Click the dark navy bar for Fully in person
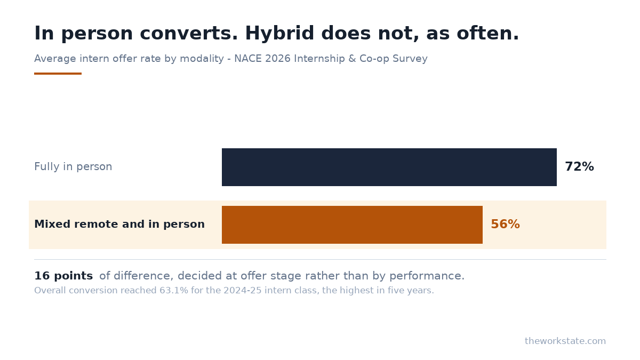pos(389,167)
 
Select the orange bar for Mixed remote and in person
pos(352,225)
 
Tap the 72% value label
pos(579,166)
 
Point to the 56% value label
pos(505,225)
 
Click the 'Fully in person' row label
pos(73,166)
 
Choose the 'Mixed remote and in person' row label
pos(119,225)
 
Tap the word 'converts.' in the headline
pos(189,34)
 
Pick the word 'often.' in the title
pos(487,33)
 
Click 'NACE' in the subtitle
pos(247,59)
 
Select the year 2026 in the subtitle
pos(278,59)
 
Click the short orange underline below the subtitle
pos(58,74)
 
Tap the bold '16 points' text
pos(63,276)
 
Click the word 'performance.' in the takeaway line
pos(427,276)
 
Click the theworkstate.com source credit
pos(565,341)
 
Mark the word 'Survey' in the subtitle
pos(410,59)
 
